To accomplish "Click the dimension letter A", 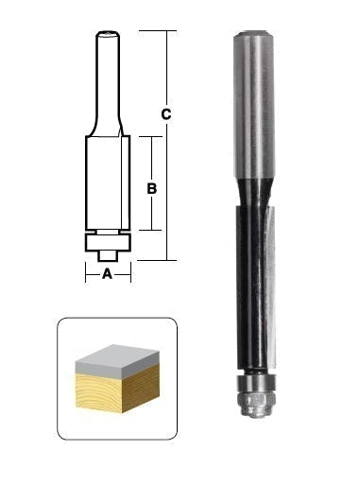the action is (108, 274).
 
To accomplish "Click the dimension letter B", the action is (152, 188).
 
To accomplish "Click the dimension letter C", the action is (166, 114).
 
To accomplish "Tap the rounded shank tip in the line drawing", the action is (108, 33).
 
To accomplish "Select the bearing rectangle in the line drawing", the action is (108, 242).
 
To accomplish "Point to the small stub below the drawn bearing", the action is (108, 256).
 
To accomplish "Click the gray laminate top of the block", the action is (117, 360).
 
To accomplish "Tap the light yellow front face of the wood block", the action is (98, 392).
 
